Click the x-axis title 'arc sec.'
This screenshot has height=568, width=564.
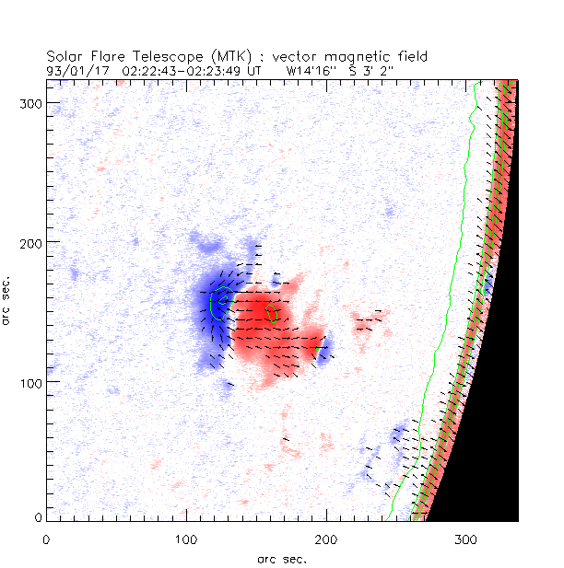point(281,558)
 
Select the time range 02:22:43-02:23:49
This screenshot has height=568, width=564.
point(184,69)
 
